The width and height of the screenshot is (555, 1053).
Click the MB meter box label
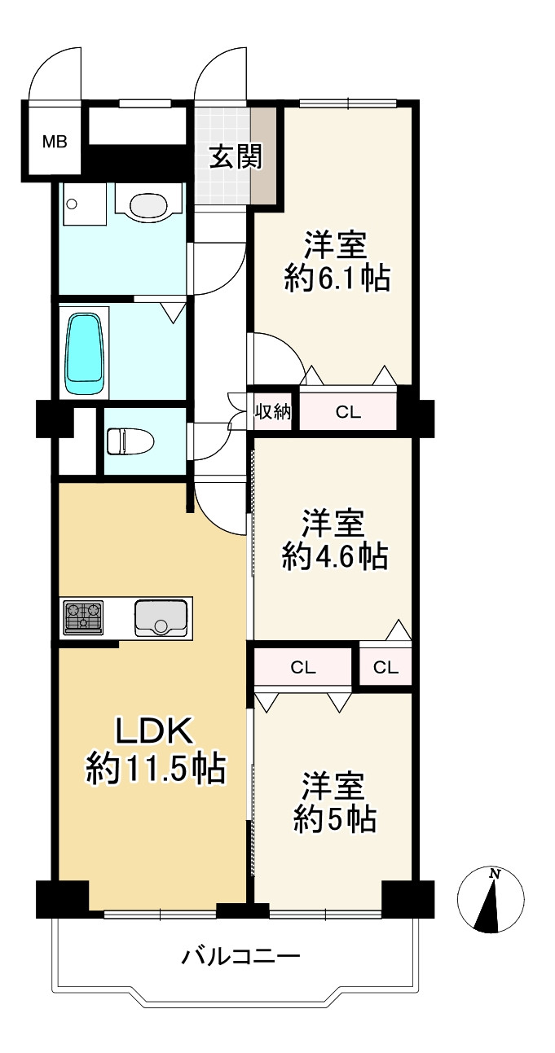point(55,141)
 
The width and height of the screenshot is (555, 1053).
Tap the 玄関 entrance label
point(236,156)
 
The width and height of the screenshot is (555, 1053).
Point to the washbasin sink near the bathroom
point(148,204)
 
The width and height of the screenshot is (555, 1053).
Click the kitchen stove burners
point(84,616)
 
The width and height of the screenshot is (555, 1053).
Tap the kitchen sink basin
point(161,616)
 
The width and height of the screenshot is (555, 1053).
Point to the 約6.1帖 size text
point(337,279)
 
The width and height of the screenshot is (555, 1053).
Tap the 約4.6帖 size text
point(334,557)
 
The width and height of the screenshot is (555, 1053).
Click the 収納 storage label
point(271,411)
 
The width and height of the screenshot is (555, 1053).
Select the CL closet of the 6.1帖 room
point(348,412)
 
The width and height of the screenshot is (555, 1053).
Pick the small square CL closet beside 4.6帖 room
point(385,668)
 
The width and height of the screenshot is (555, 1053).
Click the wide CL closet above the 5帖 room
point(303,668)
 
